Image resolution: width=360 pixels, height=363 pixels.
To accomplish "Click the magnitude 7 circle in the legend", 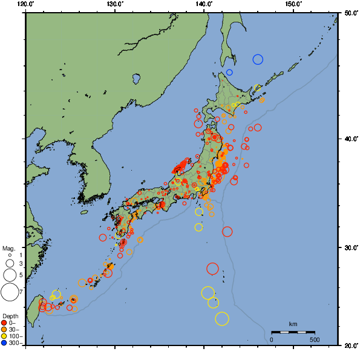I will (9, 292).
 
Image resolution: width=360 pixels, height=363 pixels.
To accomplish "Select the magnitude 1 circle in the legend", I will (9, 256).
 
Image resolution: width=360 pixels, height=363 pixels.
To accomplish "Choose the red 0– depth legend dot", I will (4, 322).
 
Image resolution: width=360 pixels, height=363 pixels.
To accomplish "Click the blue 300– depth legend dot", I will (4, 343).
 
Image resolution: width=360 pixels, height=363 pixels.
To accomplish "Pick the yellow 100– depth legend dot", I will (4, 336).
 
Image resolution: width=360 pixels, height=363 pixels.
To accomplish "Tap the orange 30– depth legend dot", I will (4, 330).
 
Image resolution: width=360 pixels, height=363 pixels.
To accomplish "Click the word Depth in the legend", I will (10, 316).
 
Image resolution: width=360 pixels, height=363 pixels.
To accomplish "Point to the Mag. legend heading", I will (8, 248).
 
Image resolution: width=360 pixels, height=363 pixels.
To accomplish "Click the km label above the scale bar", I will (293, 324).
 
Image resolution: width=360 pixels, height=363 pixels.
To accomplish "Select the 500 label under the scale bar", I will (315, 339).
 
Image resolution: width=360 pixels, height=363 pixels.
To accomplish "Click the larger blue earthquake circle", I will (258, 59).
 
